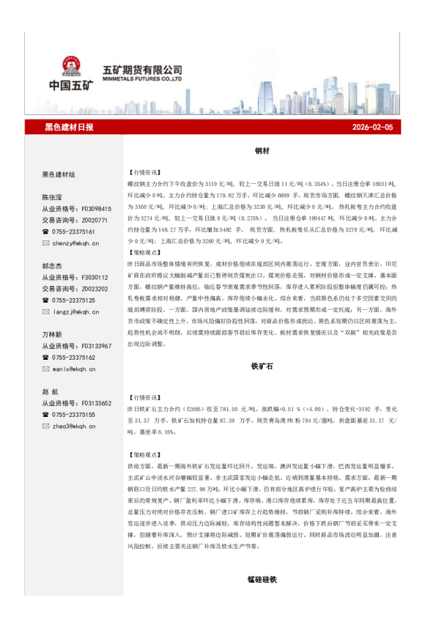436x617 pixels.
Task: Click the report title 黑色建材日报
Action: (x=70, y=128)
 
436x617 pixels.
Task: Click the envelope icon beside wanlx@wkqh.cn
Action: (x=45, y=369)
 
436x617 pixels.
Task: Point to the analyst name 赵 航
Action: (x=52, y=392)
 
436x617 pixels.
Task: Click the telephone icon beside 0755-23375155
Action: (x=45, y=415)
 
